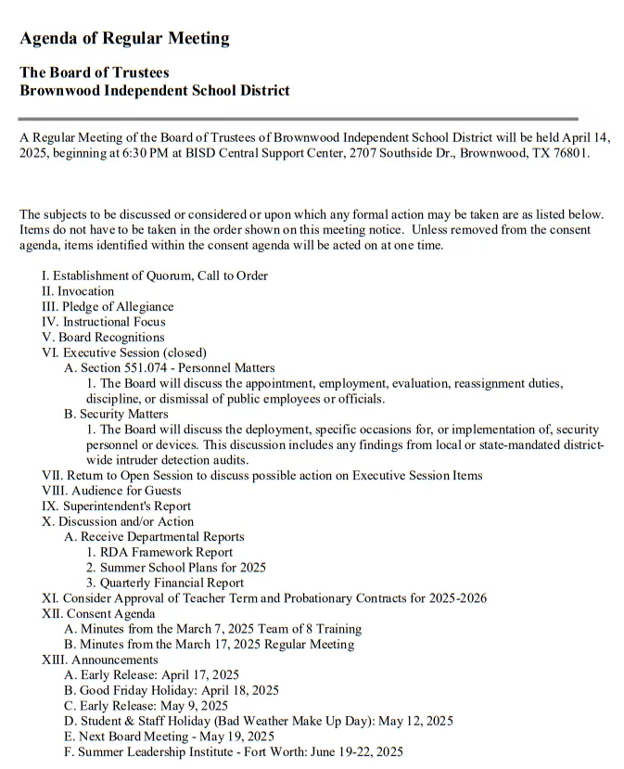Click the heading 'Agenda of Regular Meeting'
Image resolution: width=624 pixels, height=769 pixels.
[124, 39]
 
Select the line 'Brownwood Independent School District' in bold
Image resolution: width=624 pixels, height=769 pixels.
[155, 91]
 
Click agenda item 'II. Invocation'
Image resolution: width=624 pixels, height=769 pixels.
[78, 291]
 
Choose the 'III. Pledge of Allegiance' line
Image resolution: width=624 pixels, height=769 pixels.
[108, 306]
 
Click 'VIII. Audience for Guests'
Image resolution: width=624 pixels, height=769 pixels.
[111, 491]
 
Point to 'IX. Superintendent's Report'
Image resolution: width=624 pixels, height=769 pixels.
[116, 506]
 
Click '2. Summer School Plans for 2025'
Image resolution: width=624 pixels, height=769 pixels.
[176, 568]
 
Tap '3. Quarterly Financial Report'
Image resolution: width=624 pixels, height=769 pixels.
[165, 583]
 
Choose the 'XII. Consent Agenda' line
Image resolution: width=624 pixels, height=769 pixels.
[98, 613]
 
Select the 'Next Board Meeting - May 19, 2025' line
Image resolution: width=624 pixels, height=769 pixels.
[169, 737]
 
